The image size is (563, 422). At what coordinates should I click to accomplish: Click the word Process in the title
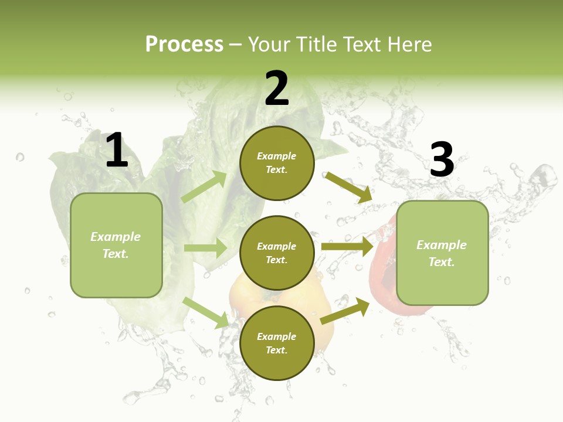coord(184,45)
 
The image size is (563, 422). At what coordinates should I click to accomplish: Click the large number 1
coord(117,151)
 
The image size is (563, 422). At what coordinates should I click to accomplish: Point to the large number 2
coord(277,89)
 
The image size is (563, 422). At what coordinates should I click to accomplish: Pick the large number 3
coord(442,160)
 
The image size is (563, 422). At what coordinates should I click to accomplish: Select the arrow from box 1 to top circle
coord(204,187)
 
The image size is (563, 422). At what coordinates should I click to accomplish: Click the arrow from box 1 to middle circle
coord(205,248)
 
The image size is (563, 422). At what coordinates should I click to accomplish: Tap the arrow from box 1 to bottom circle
coord(206,312)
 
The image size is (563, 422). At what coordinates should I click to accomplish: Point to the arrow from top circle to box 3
coord(348,187)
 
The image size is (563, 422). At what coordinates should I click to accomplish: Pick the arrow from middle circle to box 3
coord(347,246)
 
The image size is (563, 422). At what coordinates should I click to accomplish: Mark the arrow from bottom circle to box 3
coord(345,311)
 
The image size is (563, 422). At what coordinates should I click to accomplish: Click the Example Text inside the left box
coord(116,245)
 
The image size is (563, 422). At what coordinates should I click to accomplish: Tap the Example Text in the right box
coord(442,253)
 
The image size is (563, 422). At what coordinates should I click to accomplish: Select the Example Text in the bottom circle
coord(276,343)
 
